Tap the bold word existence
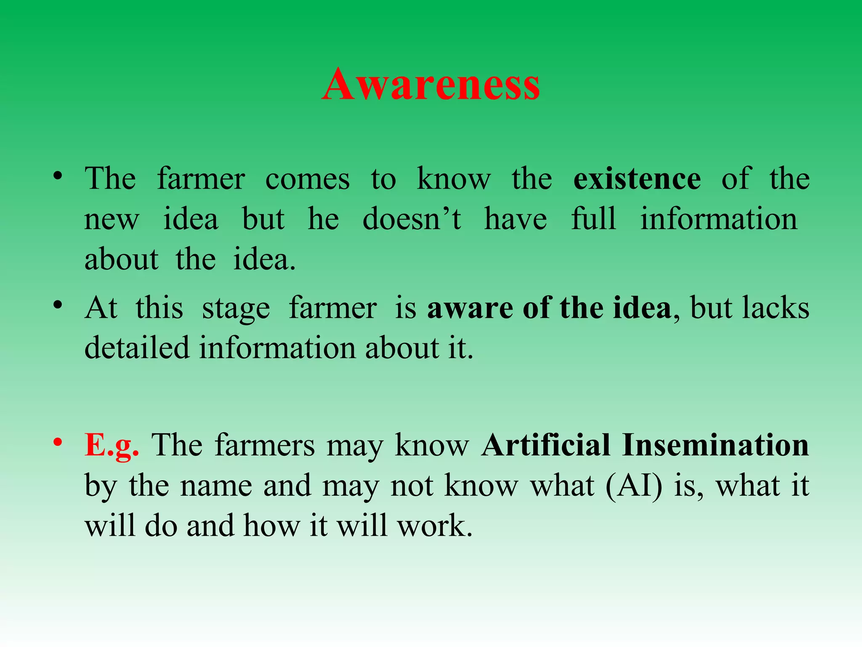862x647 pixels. [637, 179]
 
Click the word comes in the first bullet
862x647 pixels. [307, 179]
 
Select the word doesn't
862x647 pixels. [412, 219]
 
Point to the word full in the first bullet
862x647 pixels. [593, 219]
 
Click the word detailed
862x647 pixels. [137, 348]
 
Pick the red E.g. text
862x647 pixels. [112, 446]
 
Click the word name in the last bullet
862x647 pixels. [216, 486]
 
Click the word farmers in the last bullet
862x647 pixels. [264, 445]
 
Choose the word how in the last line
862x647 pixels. [271, 526]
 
